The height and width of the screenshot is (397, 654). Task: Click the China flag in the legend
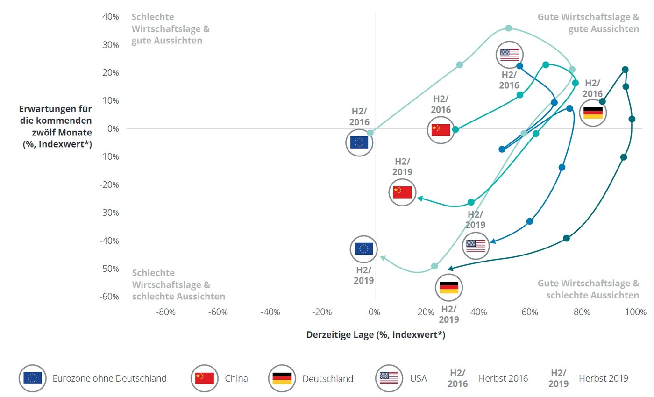pyautogui.click(x=204, y=378)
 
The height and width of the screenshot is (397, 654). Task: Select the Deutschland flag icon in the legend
pyautogui.click(x=282, y=378)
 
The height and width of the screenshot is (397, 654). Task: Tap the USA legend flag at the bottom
pyautogui.click(x=389, y=378)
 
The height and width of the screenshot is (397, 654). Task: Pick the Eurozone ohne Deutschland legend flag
pyautogui.click(x=32, y=378)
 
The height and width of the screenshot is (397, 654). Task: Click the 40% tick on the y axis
pyautogui.click(x=110, y=17)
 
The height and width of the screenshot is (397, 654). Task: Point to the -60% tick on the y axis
pyautogui.click(x=109, y=297)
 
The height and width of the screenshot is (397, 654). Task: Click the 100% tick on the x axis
pyautogui.click(x=635, y=312)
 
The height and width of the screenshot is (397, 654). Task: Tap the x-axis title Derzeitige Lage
pyautogui.click(x=376, y=335)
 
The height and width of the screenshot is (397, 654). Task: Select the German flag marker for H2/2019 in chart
pyautogui.click(x=449, y=288)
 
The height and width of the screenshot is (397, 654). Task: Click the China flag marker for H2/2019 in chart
pyautogui.click(x=402, y=191)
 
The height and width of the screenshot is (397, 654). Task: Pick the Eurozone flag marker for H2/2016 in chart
pyautogui.click(x=359, y=142)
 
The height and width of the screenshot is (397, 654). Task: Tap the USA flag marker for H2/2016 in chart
pyautogui.click(x=509, y=55)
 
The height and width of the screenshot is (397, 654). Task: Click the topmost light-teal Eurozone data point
pyautogui.click(x=508, y=28)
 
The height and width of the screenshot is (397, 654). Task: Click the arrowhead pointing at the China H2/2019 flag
pyautogui.click(x=420, y=198)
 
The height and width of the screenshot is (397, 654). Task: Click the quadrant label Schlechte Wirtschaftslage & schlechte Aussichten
pyautogui.click(x=178, y=284)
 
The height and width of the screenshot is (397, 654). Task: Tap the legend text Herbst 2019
pyautogui.click(x=603, y=378)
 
